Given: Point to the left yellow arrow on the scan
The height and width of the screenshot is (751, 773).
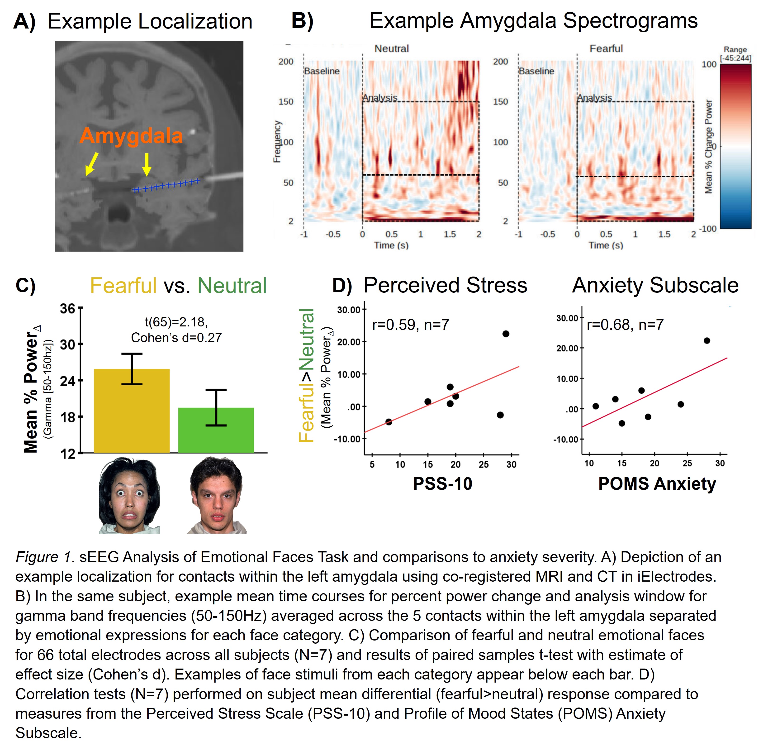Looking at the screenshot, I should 91,164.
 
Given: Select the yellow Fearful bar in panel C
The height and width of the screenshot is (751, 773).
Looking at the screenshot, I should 132,411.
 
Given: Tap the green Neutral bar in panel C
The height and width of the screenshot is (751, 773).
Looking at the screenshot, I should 216,430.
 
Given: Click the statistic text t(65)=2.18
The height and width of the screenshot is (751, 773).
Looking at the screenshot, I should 176,322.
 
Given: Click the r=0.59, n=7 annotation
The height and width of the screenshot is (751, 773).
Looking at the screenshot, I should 411,325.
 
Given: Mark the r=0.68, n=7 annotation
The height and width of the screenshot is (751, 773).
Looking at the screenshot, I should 625,325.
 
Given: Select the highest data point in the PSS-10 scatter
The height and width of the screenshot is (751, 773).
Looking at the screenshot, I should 506,334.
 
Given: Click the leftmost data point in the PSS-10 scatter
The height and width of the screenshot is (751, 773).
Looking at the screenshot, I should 389,422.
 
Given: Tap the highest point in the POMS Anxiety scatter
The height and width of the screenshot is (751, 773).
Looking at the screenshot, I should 707,340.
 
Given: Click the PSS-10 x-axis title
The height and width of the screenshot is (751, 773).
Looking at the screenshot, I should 442,484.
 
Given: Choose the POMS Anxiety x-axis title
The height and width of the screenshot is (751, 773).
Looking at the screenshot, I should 657,484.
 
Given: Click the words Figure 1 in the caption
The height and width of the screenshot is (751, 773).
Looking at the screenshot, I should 43,557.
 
